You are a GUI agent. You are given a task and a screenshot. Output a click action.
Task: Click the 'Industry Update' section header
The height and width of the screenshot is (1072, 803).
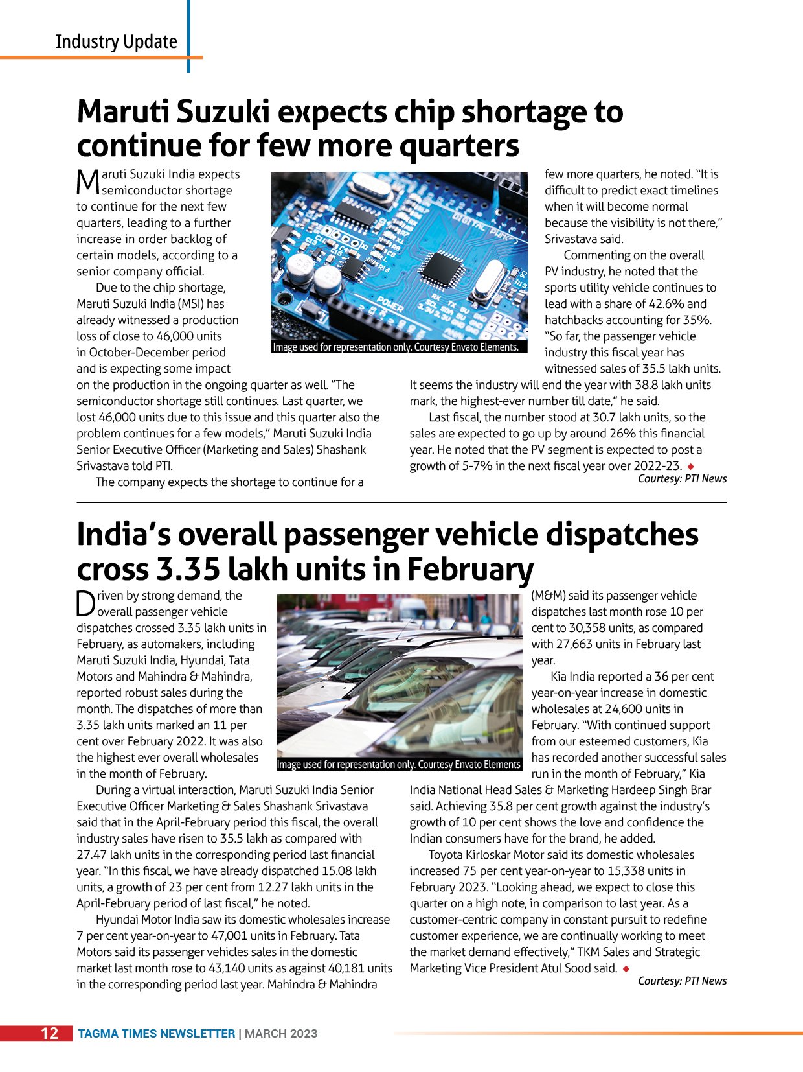tap(116, 41)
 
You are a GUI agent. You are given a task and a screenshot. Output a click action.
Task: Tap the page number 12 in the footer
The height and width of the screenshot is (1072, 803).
tap(50, 1033)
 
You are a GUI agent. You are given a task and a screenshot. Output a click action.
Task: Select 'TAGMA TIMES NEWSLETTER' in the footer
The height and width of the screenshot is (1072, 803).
tap(156, 1034)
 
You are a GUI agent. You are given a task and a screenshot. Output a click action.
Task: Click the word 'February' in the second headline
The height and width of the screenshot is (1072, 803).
tap(469, 569)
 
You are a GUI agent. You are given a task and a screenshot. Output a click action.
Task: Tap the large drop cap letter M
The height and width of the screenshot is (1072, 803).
tap(87, 182)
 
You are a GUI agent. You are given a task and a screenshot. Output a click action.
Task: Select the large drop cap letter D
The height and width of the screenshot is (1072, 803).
tap(85, 603)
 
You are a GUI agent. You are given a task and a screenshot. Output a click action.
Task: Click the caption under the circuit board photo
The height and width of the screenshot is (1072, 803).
tap(396, 347)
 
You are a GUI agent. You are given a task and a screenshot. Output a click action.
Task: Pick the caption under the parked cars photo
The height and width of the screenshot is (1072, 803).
tap(398, 765)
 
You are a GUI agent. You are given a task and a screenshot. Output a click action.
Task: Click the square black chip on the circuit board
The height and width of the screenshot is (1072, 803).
tap(442, 266)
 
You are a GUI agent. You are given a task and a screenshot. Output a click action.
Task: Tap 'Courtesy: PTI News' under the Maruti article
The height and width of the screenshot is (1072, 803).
tap(682, 479)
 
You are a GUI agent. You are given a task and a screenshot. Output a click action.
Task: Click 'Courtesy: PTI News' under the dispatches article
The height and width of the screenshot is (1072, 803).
tap(682, 981)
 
